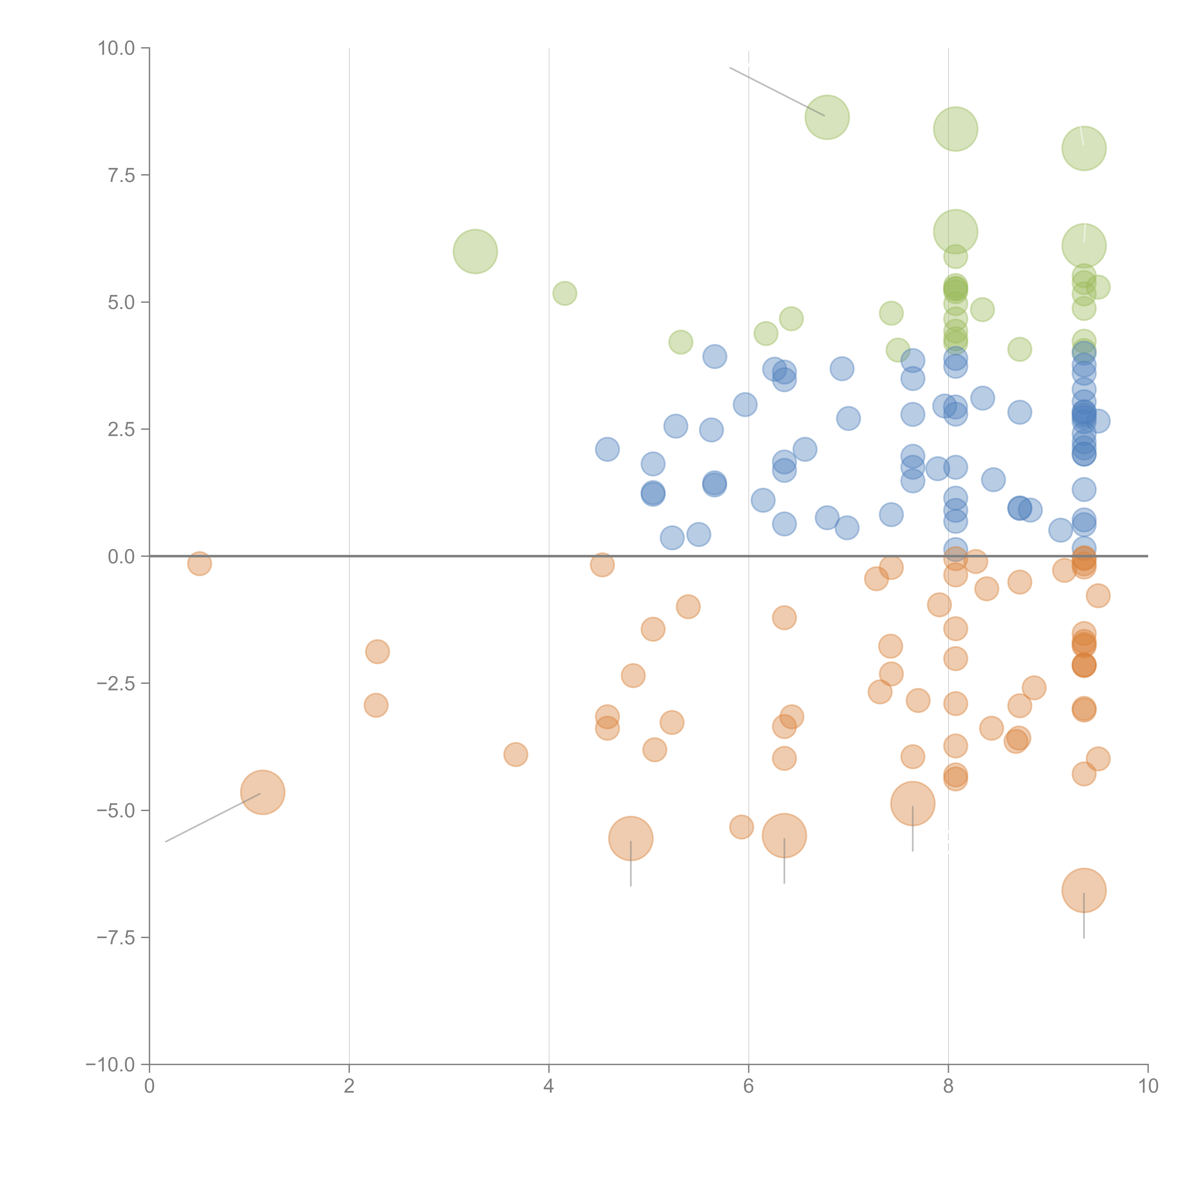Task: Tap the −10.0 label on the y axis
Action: click(x=110, y=1065)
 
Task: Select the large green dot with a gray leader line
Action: click(x=827, y=118)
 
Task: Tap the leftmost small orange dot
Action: click(x=199, y=563)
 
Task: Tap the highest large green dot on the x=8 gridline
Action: click(x=955, y=129)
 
